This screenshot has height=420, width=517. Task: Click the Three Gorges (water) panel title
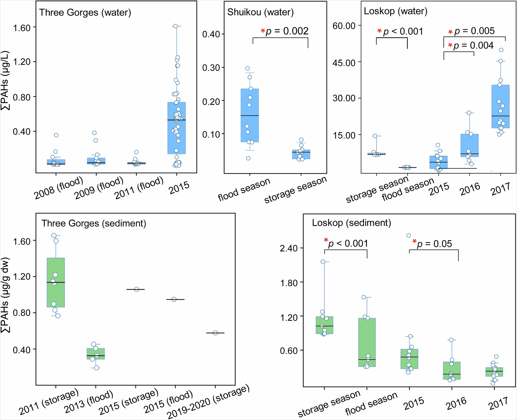point(85,13)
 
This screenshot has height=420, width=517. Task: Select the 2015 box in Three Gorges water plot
point(176,128)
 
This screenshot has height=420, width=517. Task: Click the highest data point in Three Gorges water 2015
point(175,26)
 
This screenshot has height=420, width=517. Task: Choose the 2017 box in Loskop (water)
point(500,107)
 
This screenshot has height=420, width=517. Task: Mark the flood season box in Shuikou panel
point(250,116)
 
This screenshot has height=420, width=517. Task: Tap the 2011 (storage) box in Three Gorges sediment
point(56,282)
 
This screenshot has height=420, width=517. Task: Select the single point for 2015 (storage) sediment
point(137,289)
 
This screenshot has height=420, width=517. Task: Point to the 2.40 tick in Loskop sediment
point(289,248)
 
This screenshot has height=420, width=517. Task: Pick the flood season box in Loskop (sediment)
point(367,342)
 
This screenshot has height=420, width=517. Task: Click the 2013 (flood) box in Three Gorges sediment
point(96,354)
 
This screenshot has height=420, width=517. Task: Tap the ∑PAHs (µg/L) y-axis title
point(5,80)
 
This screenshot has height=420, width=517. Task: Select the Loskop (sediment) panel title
point(351,223)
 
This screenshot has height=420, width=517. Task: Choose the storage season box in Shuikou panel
point(301,154)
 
